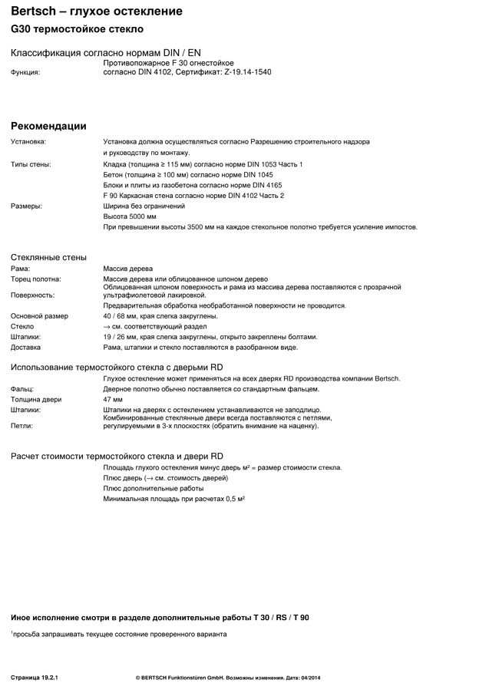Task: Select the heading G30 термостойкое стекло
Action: [77, 29]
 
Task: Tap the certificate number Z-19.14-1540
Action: [247, 72]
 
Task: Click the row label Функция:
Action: [25, 72]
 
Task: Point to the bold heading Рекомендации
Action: [48, 126]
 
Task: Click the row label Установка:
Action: [28, 142]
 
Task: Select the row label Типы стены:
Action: [31, 164]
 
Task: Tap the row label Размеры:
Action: [26, 206]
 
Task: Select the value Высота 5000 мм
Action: [130, 217]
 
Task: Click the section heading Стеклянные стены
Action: [48, 257]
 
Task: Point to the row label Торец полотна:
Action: [35, 279]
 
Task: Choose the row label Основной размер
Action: [39, 316]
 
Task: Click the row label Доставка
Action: [26, 348]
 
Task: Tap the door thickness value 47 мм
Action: [113, 400]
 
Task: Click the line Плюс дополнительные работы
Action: [154, 488]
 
